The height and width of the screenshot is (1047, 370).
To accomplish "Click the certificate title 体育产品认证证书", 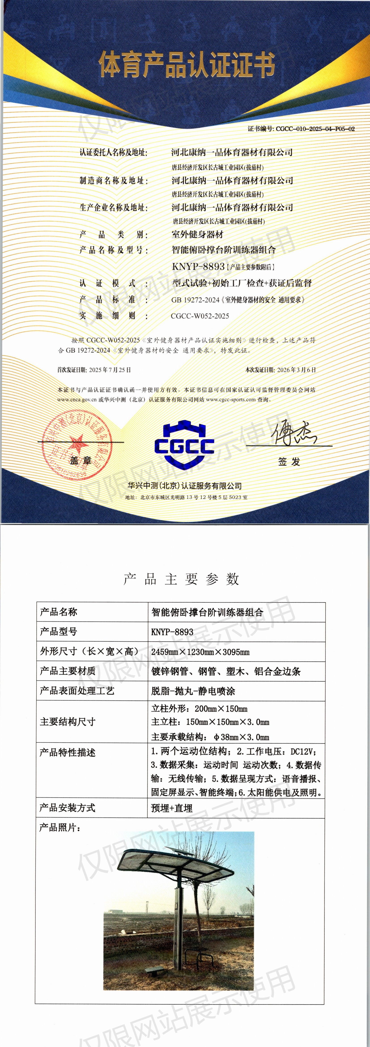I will click(186, 65).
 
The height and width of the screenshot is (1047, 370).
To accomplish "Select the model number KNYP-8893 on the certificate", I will click(198, 267).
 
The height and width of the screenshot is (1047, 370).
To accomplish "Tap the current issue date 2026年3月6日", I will click(296, 370).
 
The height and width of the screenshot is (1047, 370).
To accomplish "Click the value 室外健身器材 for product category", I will click(197, 234).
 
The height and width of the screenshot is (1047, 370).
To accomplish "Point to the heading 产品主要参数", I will click(181, 579).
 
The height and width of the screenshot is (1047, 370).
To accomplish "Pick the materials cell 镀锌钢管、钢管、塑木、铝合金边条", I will click(226, 672).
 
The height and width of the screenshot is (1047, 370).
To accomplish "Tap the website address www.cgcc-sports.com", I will click(231, 399).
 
